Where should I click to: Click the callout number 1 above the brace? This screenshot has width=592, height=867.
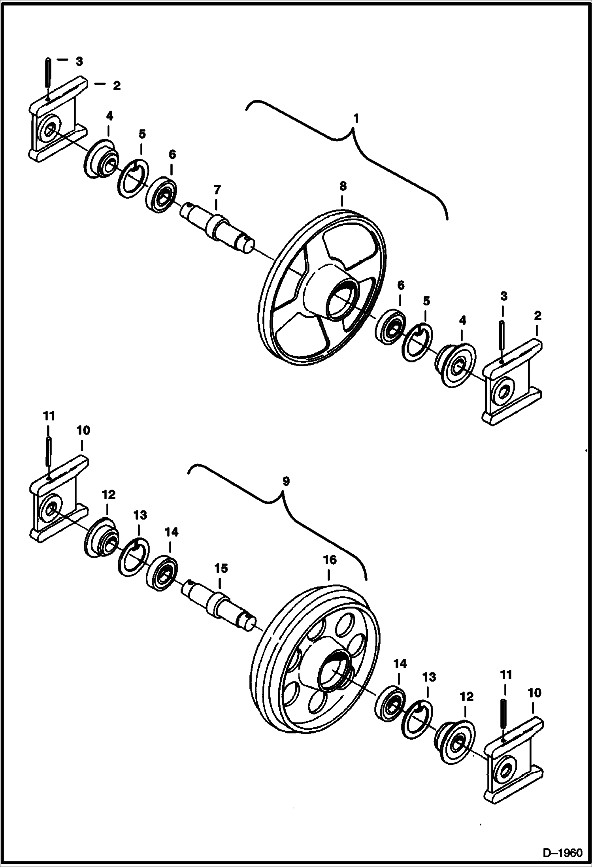(x=356, y=118)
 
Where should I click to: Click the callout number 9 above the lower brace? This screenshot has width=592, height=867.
(x=285, y=481)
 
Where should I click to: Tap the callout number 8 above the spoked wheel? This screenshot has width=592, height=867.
(x=342, y=186)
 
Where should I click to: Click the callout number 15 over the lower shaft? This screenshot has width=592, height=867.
(x=221, y=568)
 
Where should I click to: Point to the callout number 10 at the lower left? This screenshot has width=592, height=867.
(x=83, y=430)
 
